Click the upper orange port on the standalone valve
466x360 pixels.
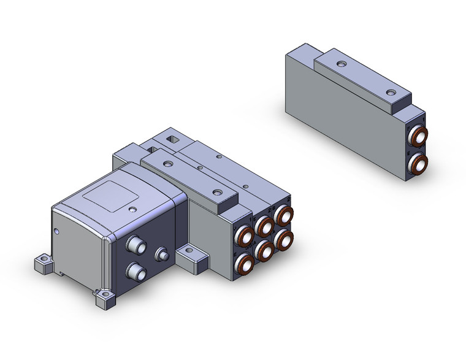click(419, 136)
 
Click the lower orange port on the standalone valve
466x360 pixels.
click(419, 163)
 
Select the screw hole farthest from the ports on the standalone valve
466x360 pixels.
click(339, 64)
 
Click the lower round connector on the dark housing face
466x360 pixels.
click(132, 272)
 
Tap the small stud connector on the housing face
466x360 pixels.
click(162, 254)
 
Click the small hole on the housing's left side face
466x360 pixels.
click(56, 232)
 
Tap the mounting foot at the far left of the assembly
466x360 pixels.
click(43, 264)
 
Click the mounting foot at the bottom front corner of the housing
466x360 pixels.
click(105, 300)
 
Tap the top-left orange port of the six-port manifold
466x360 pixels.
click(245, 236)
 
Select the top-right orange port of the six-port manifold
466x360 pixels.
click(283, 215)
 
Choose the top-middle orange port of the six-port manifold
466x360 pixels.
click(265, 225)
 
